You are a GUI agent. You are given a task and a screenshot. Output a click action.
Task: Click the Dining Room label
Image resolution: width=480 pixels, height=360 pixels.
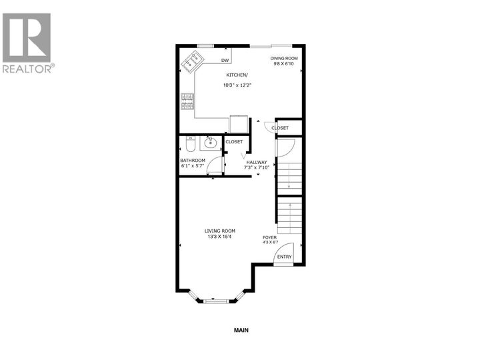[283, 59]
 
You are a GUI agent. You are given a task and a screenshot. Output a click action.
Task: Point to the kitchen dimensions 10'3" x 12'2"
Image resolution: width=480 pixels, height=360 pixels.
[237, 85]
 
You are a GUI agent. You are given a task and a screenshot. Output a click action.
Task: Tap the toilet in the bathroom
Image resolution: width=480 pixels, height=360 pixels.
[189, 143]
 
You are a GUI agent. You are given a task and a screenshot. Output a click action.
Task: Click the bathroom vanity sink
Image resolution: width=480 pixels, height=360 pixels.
[211, 142]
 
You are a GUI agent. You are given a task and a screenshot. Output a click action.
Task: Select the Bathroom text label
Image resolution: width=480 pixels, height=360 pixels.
[193, 161]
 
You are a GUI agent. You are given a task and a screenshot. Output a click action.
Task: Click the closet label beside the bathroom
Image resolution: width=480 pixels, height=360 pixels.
[234, 141]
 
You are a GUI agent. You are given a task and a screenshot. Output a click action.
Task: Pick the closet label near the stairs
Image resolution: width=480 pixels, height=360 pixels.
[280, 127]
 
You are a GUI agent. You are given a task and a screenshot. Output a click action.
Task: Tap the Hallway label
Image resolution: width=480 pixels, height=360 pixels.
[256, 162]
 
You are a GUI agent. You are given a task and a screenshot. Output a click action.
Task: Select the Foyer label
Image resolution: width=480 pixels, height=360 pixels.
[269, 237]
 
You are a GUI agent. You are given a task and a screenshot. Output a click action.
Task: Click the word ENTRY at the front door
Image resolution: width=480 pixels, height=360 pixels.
[284, 257]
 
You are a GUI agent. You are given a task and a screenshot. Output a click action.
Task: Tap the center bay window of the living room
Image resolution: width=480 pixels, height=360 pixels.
[215, 302]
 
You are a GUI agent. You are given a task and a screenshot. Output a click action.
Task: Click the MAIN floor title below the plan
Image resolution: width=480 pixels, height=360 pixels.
[241, 330]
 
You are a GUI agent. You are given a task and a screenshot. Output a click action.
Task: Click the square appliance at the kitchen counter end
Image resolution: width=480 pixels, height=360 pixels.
[238, 125]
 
